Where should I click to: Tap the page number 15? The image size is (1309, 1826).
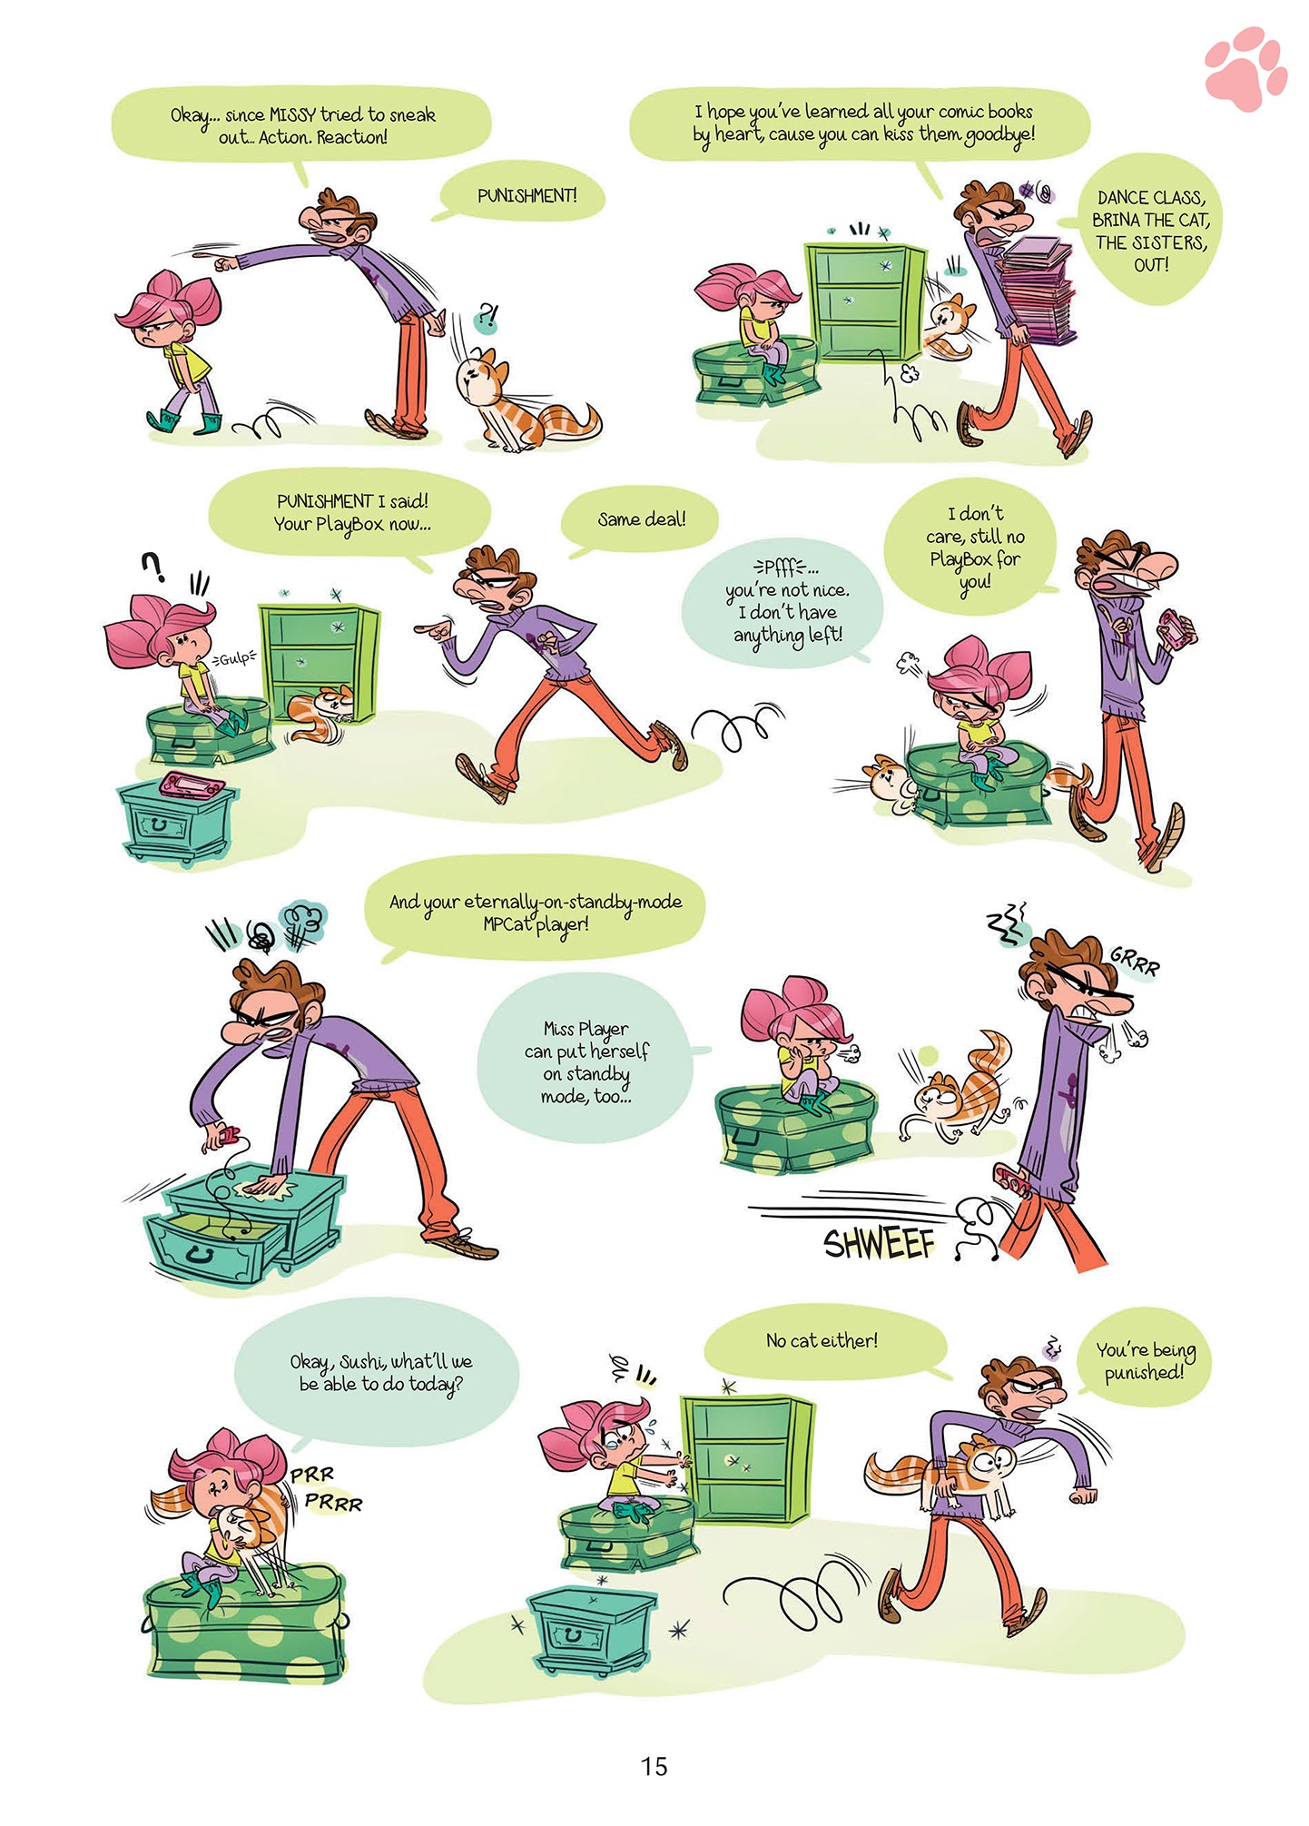tap(654, 1766)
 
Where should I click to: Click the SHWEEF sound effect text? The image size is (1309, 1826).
tap(878, 1242)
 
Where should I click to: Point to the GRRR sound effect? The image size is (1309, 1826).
tap(1135, 961)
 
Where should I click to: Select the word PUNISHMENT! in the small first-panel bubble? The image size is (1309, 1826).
tap(527, 195)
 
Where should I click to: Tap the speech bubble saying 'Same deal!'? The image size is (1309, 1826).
tap(641, 519)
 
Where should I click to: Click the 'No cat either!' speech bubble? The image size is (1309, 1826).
tap(822, 1341)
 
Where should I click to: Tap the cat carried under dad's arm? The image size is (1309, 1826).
tap(944, 1466)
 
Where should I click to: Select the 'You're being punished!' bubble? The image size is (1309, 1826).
tap(1145, 1361)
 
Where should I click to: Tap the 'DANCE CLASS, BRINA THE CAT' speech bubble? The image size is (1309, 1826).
tap(1150, 231)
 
